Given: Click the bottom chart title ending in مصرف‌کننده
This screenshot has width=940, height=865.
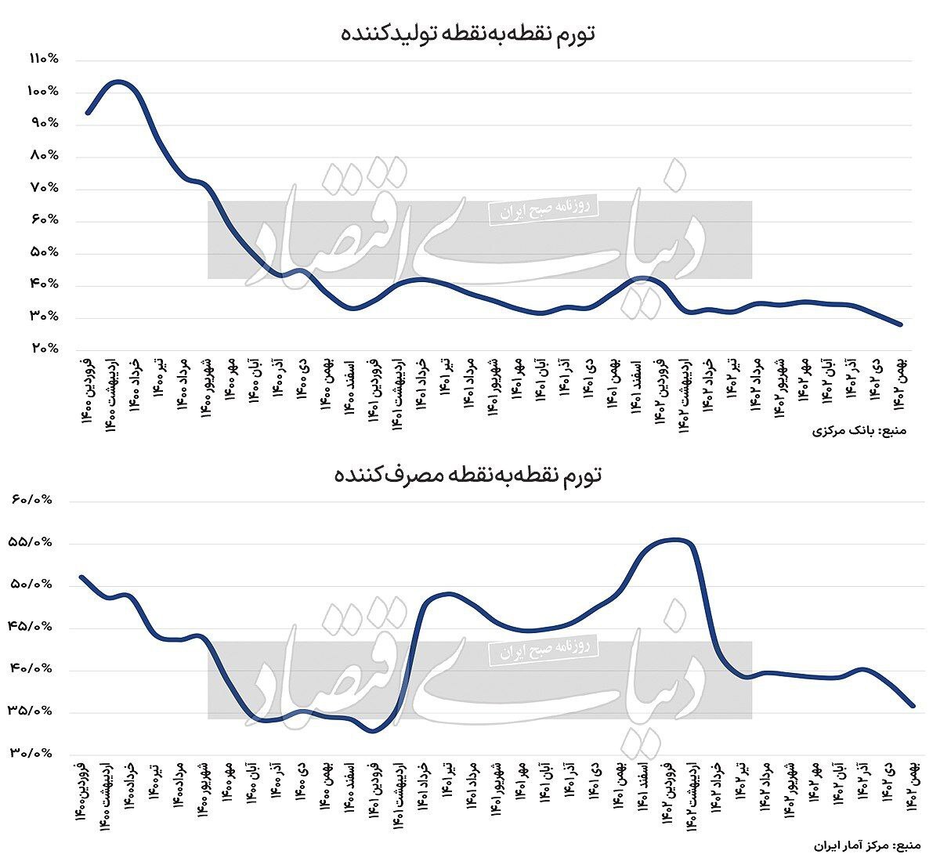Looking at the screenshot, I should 468,475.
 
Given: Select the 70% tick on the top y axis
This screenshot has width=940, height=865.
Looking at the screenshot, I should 44,188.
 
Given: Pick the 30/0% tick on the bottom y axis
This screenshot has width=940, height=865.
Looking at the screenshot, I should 31,753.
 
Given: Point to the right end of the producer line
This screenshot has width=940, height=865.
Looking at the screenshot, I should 902,324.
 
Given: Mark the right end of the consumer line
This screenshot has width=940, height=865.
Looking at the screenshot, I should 913,705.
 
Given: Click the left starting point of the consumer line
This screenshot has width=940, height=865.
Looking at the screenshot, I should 81,577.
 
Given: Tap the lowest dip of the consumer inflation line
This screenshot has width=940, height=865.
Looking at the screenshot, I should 374,732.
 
